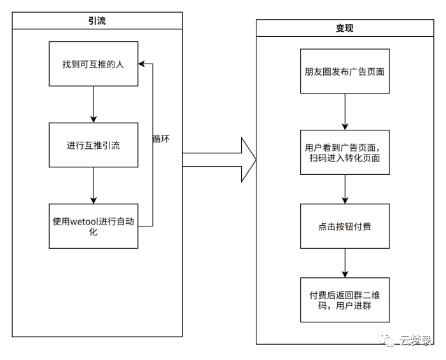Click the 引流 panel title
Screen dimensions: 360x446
point(97,21)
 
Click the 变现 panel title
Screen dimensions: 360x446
point(344,28)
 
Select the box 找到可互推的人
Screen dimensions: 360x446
point(94,64)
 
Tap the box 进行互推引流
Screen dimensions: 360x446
point(94,145)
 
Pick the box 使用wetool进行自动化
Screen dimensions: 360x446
point(94,226)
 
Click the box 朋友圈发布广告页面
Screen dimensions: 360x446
point(344,71)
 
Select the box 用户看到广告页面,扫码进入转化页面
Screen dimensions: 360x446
point(344,153)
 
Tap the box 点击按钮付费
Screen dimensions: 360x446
point(344,226)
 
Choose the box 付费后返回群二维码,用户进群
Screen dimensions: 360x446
point(344,300)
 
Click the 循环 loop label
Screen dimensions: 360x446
point(161,138)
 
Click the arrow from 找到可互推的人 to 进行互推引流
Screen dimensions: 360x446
point(94,104)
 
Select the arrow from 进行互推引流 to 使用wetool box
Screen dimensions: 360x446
point(94,185)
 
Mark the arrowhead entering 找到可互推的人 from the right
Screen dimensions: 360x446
point(142,64)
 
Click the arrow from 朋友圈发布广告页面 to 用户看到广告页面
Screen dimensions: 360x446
point(344,112)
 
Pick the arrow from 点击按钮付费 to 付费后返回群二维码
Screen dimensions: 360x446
point(344,263)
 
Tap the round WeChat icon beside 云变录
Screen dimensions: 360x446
point(387,341)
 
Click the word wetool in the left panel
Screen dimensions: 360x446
point(84,221)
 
